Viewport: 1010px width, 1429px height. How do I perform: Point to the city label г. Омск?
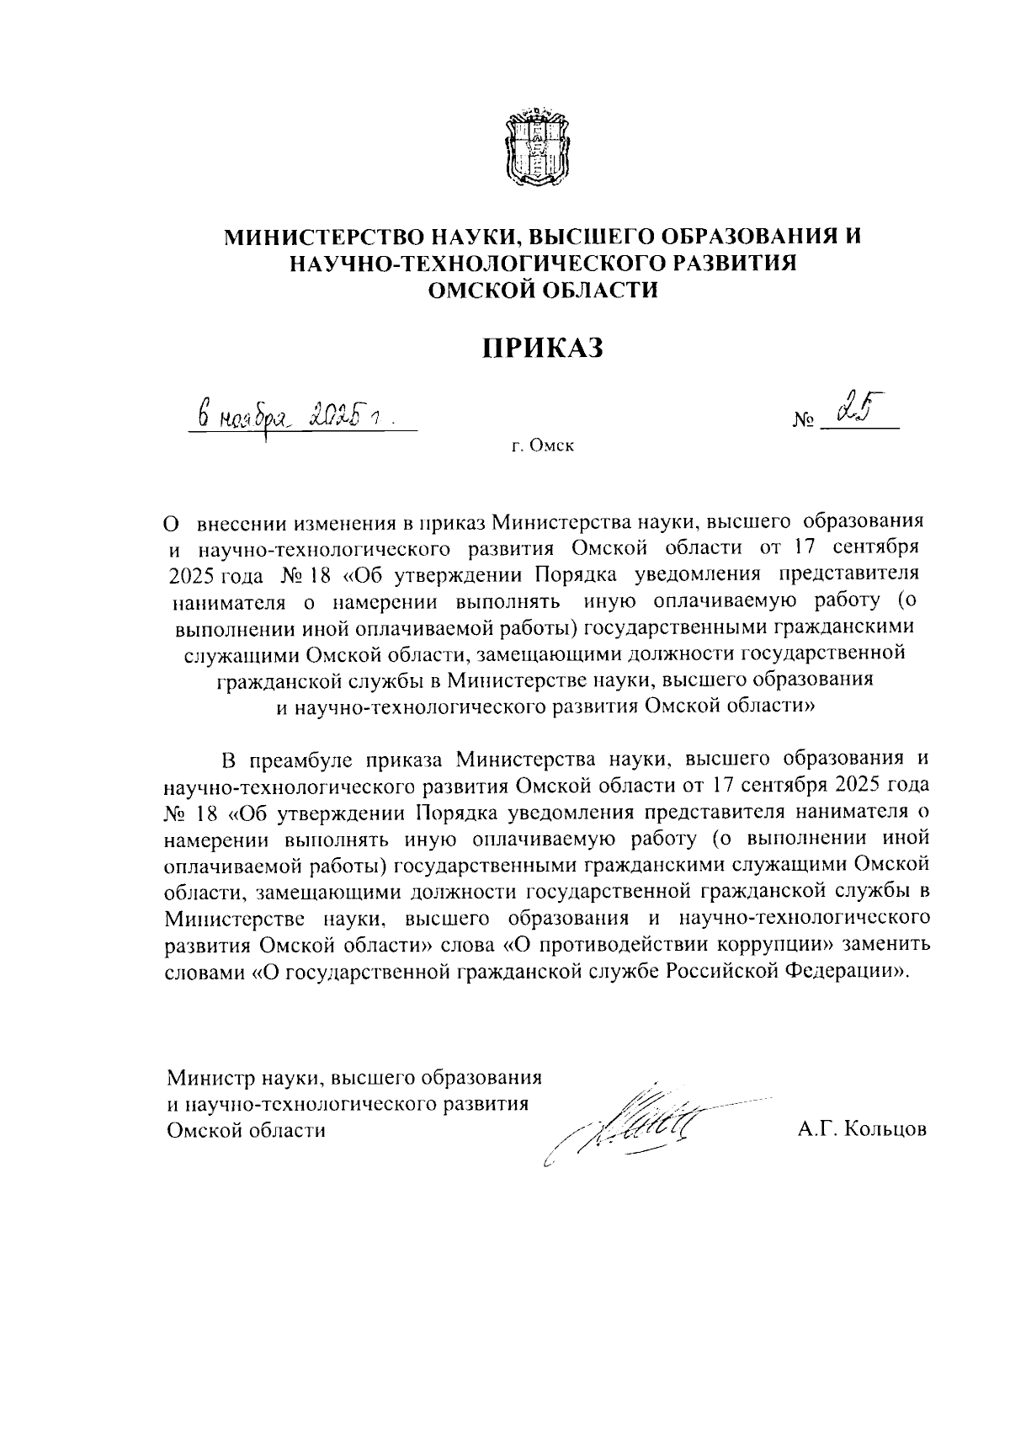(x=543, y=447)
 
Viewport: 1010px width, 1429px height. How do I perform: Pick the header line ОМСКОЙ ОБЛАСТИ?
(x=543, y=291)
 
